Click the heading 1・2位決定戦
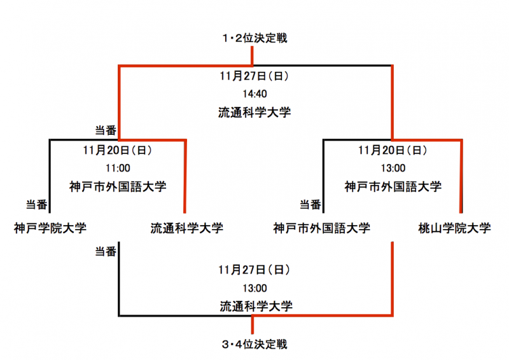point(254,38)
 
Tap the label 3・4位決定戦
point(254,344)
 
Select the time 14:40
point(255,94)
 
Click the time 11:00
point(118,168)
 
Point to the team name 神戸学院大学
point(50,228)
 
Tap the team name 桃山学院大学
point(454,228)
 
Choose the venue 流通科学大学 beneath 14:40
point(254,113)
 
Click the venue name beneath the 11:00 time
point(118,186)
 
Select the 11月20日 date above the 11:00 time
point(118,150)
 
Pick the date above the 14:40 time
point(254,76)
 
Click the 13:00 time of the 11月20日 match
point(393,168)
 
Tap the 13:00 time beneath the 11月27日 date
point(255,288)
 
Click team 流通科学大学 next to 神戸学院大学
point(187,228)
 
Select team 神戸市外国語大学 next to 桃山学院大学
point(322,228)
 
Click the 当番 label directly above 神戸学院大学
point(37,205)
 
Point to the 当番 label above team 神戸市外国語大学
point(310,205)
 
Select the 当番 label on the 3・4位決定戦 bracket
point(106,251)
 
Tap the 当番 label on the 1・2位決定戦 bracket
point(106,130)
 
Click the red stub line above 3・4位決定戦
point(253,324)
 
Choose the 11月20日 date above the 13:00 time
point(393,150)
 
